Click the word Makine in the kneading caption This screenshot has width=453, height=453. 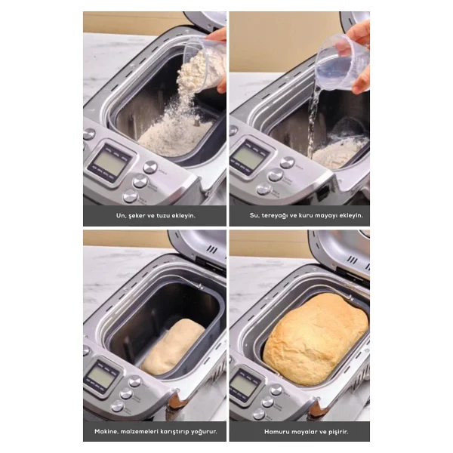point(106,432)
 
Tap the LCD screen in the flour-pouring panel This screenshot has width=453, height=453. point(110,162)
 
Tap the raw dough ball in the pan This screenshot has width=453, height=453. point(173,347)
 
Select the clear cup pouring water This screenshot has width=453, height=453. point(342,62)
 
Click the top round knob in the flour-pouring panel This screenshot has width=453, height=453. point(150,167)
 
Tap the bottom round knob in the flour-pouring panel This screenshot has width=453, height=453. point(131,196)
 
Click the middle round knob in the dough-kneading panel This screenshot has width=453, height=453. point(126,393)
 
